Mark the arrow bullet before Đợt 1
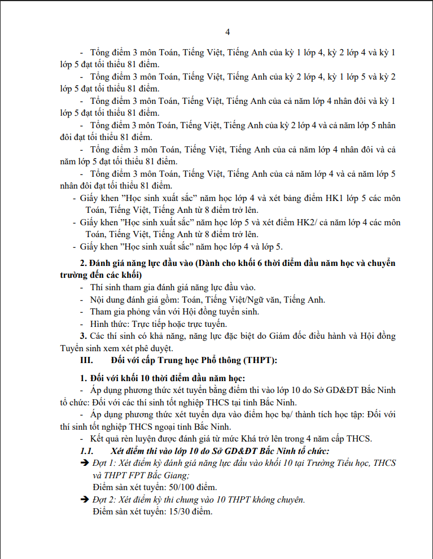[x=85, y=463]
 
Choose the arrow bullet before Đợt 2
[x=85, y=500]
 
